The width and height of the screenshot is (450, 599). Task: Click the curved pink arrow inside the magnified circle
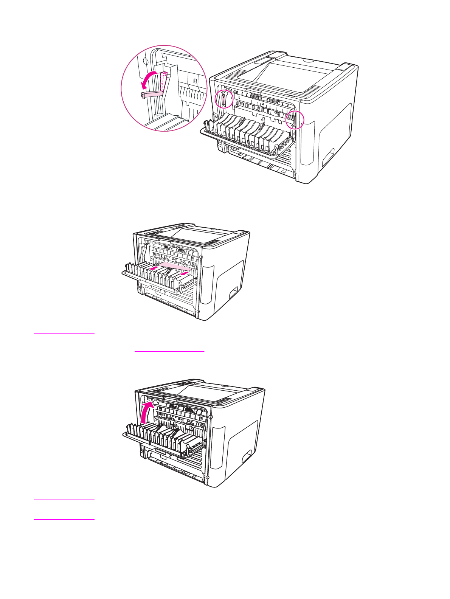tap(148, 78)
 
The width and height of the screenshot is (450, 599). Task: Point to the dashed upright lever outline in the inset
tap(164, 81)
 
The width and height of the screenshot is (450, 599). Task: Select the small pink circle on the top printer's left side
tap(223, 99)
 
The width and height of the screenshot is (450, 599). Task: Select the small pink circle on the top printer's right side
tap(295, 119)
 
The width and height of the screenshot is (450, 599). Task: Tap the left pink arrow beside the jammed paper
tap(153, 268)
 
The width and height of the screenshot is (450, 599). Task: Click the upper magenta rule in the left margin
tap(64, 500)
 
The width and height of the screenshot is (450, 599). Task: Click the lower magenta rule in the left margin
tap(64, 520)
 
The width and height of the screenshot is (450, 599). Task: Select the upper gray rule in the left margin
tap(64, 334)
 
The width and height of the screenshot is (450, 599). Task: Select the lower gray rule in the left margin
tap(64, 353)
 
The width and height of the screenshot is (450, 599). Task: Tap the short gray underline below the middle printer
tap(169, 352)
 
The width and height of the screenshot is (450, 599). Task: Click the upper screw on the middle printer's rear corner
tap(201, 257)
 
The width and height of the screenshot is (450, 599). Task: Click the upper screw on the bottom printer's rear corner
tap(211, 417)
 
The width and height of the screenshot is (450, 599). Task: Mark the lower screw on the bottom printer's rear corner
tap(208, 478)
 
